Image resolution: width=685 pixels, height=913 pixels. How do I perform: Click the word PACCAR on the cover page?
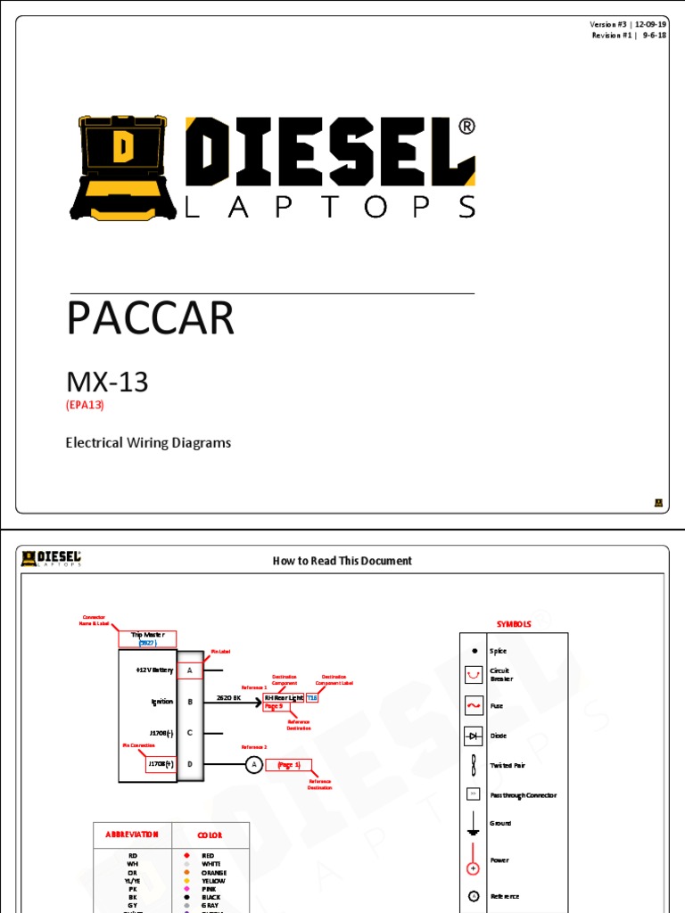150,318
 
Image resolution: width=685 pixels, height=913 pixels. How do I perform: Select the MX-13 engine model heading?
107,382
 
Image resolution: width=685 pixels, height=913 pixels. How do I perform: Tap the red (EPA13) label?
91,405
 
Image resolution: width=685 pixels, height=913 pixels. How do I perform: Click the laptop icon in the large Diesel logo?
121,167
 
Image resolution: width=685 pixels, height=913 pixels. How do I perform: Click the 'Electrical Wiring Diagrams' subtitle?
148,442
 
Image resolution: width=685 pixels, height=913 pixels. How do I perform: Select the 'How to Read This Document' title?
342,561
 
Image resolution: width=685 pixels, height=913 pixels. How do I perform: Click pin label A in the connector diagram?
190,670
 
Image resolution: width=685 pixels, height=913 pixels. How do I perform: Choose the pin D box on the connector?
190,764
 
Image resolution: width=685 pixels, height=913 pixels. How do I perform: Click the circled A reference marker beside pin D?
253,764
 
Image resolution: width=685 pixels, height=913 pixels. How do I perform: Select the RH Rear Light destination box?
284,697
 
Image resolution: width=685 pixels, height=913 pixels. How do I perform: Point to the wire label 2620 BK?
229,697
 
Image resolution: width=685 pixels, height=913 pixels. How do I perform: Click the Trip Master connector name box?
147,638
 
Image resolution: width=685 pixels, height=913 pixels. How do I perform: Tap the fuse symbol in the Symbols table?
474,705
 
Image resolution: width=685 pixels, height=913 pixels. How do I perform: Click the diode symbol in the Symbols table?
474,736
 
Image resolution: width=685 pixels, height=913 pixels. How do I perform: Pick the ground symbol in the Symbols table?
474,825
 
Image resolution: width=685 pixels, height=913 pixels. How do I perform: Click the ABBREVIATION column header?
133,835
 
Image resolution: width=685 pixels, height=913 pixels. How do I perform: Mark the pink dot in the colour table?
186,889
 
